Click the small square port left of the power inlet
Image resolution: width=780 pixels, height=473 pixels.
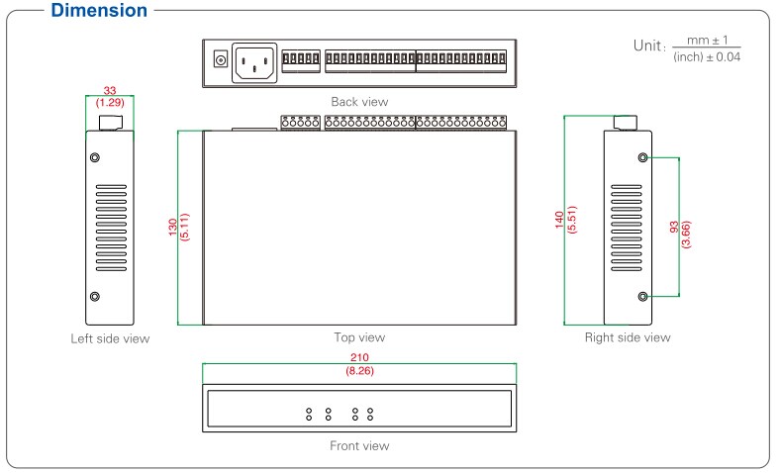220,62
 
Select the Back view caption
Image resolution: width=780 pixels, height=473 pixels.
359,102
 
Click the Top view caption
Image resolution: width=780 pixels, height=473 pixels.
358,337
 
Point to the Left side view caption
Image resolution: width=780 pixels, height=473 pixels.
109,338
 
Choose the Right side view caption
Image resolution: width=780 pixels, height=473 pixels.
627,337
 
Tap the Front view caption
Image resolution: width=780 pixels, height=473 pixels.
359,445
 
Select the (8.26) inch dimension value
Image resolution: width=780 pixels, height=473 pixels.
358,370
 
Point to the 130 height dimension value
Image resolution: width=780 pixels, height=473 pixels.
174,227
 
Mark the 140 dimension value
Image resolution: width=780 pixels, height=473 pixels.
559,220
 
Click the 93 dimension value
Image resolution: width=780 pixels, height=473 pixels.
674,228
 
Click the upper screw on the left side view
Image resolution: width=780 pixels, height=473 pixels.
95,158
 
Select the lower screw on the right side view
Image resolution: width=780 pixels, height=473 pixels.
644,296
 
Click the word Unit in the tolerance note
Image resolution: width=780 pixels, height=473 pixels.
648,47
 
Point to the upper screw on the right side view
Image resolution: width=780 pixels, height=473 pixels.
644,158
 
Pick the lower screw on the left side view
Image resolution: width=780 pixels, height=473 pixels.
95,297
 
